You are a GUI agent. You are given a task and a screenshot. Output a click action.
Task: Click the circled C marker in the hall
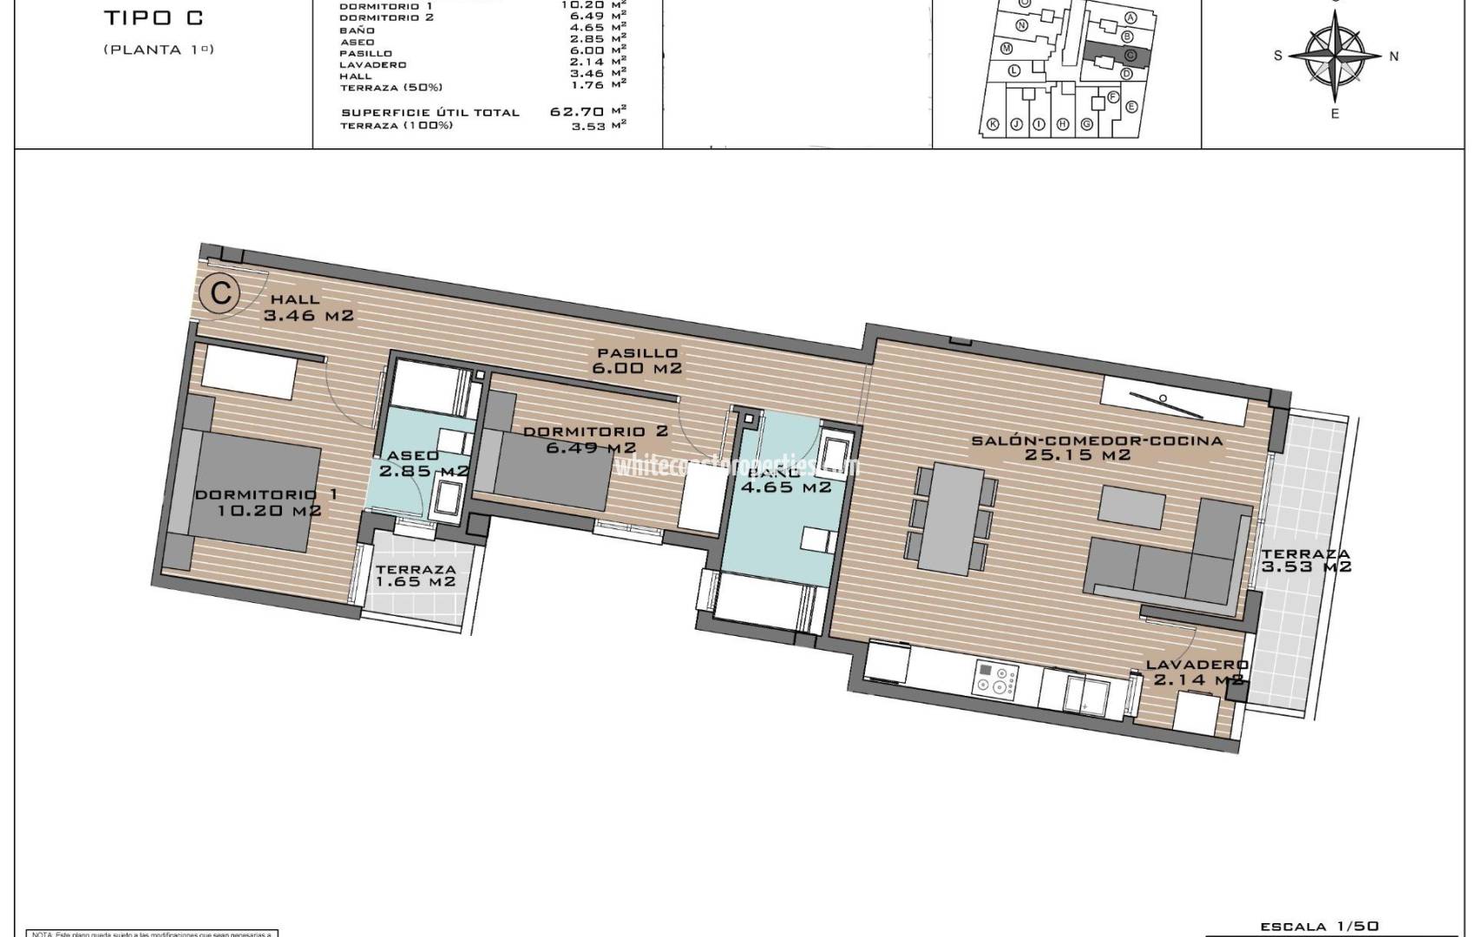coord(220,293)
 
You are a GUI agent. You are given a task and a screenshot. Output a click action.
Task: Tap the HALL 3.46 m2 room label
coord(308,308)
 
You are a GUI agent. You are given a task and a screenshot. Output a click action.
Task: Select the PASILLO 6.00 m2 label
coord(637,361)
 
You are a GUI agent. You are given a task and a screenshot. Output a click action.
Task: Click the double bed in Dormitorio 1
coord(252,491)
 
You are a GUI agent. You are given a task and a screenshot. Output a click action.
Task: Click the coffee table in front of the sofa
coord(1132,507)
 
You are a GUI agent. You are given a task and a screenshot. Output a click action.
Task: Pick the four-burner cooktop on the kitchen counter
coord(997,678)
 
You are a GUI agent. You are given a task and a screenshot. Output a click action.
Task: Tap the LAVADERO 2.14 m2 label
coord(1197,672)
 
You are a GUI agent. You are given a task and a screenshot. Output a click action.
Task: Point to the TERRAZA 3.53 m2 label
coord(1306,560)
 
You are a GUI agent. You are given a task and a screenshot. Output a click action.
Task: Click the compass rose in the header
coord(1334,55)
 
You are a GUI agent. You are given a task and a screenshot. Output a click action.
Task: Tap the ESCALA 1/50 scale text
coord(1318,927)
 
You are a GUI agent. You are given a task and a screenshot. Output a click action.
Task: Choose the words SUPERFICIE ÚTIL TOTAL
coord(429,112)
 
